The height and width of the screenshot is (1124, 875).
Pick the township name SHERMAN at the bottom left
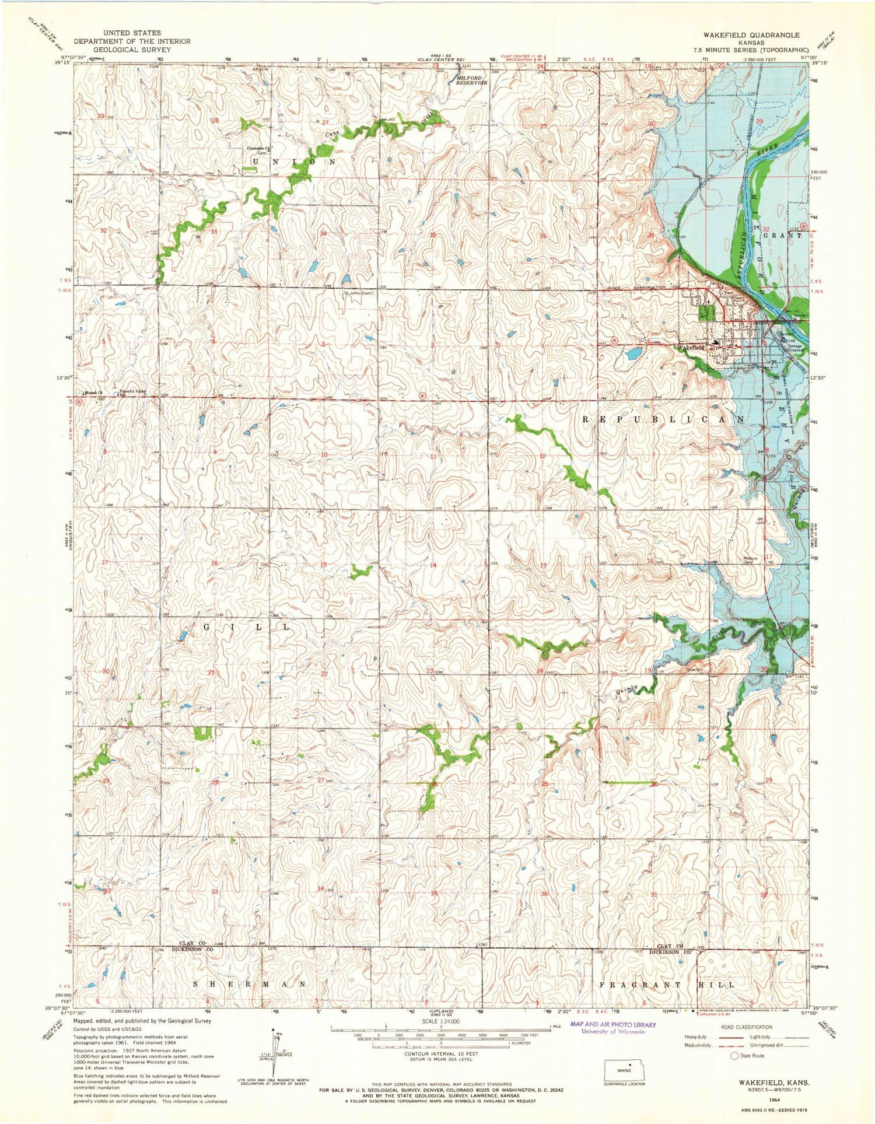(x=250, y=983)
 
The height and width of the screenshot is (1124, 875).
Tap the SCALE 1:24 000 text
(x=440, y=1021)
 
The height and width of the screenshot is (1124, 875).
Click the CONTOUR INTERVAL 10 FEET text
(x=441, y=1054)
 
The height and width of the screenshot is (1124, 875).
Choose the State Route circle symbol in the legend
(x=734, y=1056)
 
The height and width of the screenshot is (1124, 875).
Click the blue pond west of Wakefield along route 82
(x=633, y=353)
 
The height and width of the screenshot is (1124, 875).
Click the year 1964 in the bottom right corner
(x=774, y=1099)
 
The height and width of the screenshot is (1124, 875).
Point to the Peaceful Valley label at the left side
(x=131, y=391)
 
